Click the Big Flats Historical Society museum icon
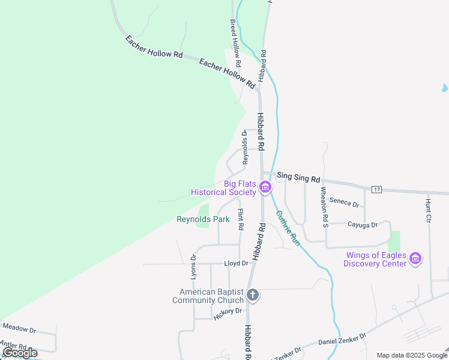265,188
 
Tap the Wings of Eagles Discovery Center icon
415,259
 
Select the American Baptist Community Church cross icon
253,295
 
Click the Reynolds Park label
203,220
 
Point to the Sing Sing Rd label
298,177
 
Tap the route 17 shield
376,190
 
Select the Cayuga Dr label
363,225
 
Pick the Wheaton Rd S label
324,208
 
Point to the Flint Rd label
240,220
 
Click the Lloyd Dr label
236,263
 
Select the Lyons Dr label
193,266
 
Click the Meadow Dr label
19,329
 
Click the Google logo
20,353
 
